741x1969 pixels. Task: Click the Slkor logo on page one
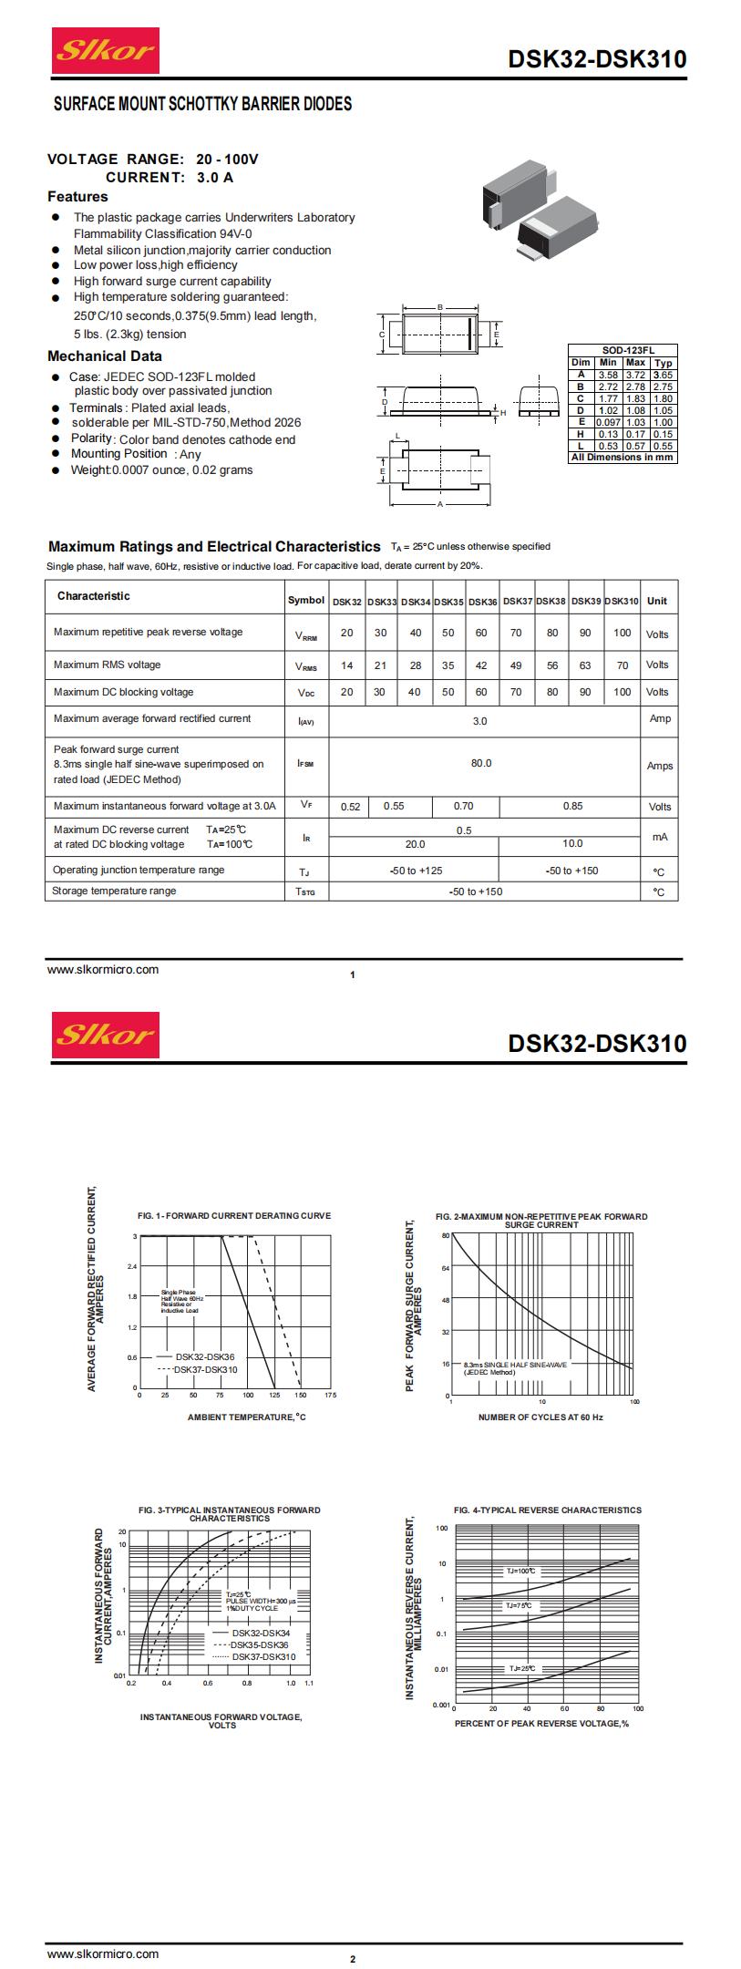coord(106,51)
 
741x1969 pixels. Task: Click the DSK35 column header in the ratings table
coord(448,602)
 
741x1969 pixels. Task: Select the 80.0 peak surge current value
coord(481,763)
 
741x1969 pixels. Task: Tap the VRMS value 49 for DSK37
coord(516,665)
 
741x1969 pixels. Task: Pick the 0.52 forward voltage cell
coord(350,807)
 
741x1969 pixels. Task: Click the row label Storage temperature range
coord(114,891)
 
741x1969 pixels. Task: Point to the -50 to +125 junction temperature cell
coord(416,871)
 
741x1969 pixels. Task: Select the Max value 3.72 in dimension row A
coord(635,375)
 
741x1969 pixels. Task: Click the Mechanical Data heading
coord(105,356)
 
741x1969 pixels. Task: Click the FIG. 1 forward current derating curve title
coord(234,1216)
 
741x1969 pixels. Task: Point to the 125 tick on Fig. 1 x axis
coord(274,1396)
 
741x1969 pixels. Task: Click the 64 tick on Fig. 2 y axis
coord(446,1268)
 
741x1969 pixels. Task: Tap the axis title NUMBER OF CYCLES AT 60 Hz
coord(540,1417)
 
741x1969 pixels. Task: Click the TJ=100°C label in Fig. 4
coord(521,1572)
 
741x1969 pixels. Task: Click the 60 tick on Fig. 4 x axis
coord(564,1708)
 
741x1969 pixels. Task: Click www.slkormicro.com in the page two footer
coord(103,1954)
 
